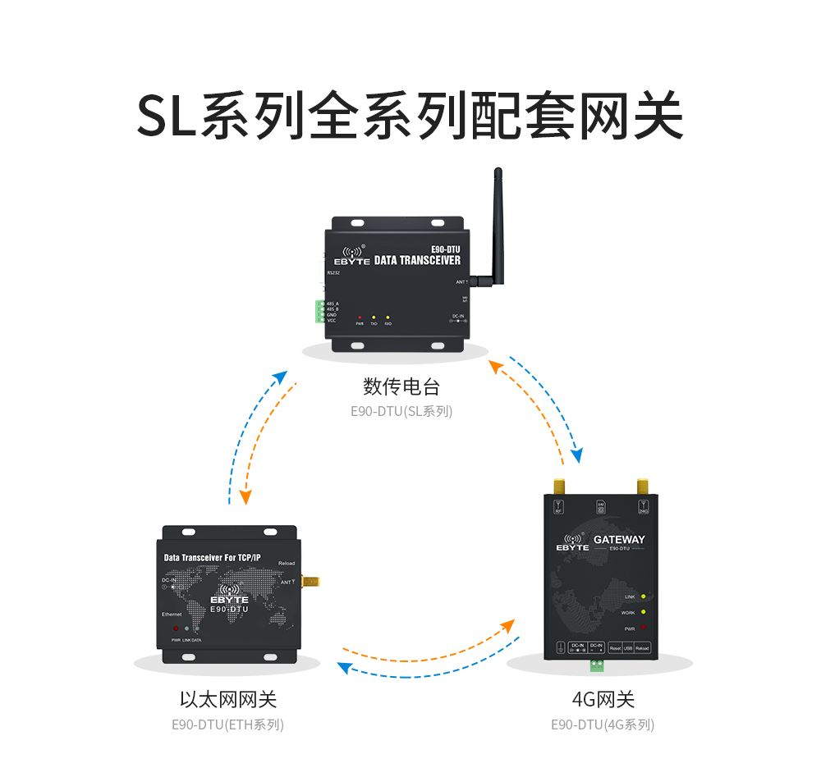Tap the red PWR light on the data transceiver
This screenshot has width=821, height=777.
[360, 317]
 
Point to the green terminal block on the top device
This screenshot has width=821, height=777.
[319, 312]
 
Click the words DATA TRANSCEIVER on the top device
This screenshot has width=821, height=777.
[417, 260]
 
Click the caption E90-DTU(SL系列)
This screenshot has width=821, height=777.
[401, 411]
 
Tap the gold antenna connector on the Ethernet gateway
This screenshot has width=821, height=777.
[310, 582]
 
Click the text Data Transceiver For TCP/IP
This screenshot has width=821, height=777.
[213, 558]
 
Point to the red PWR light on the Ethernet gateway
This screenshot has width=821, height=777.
[176, 628]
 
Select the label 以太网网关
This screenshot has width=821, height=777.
[228, 700]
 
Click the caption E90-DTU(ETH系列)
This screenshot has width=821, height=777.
[227, 725]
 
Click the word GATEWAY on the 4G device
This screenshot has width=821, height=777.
[619, 540]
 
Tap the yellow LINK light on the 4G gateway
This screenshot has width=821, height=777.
[643, 596]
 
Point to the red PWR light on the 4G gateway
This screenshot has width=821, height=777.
[643, 628]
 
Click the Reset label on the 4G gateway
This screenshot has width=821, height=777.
[615, 648]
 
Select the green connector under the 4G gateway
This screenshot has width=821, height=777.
[595, 665]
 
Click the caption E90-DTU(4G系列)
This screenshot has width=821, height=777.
[603, 725]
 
